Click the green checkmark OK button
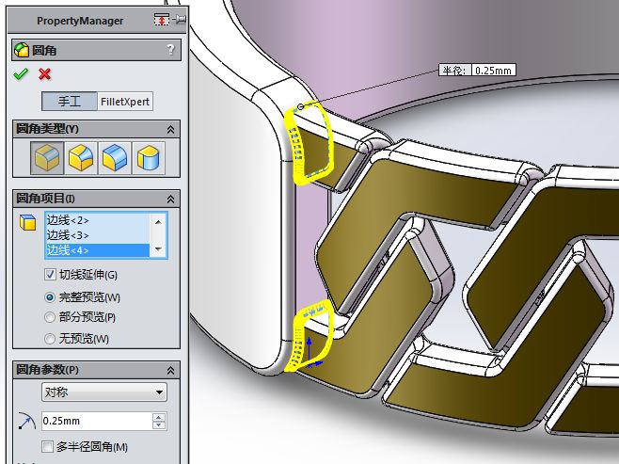(22, 74)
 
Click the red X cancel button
(44, 74)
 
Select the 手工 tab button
(69, 102)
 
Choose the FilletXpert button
(125, 102)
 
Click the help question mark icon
(169, 50)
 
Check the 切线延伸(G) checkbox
(51, 275)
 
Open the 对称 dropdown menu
(103, 392)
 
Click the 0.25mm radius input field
(94, 421)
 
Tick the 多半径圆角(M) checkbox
(48, 446)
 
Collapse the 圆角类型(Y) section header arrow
(170, 129)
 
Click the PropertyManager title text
(80, 21)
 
